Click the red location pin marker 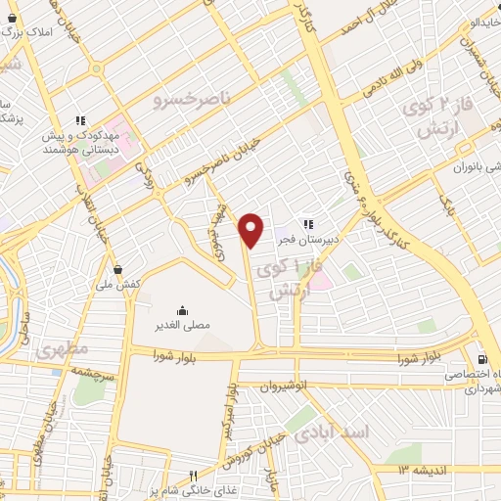point(251,229)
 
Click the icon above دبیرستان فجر point(307,223)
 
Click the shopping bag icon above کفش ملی point(117,268)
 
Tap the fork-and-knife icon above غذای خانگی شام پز point(194,475)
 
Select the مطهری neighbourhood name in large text point(60,347)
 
